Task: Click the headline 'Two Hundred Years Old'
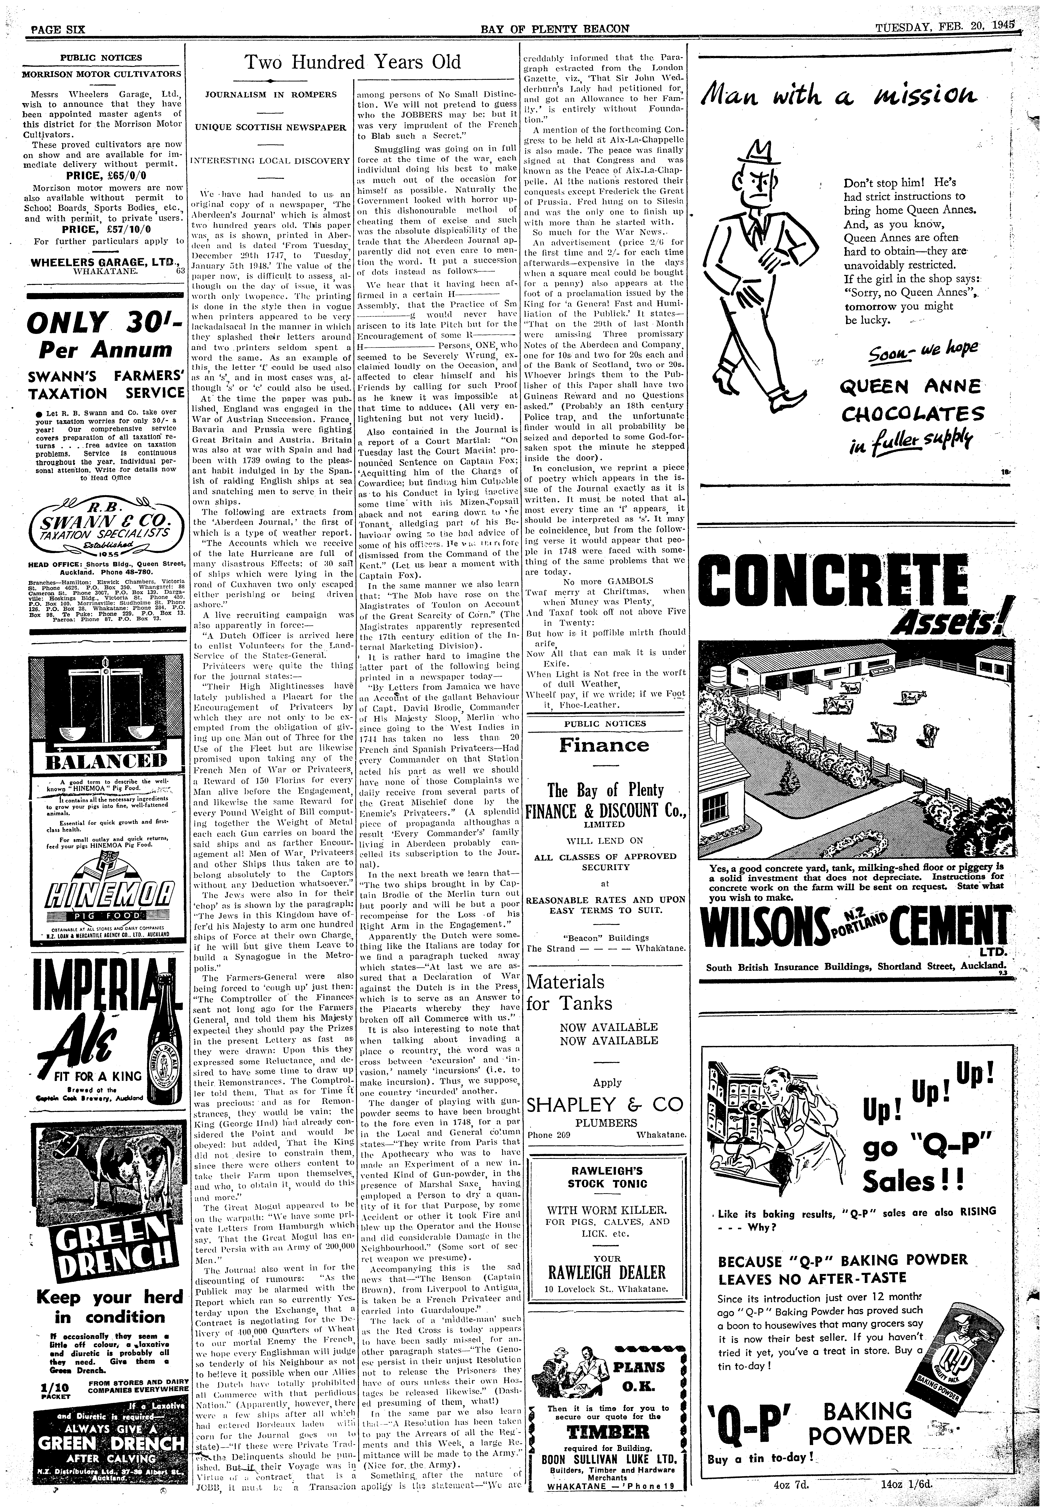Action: [x=353, y=62]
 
